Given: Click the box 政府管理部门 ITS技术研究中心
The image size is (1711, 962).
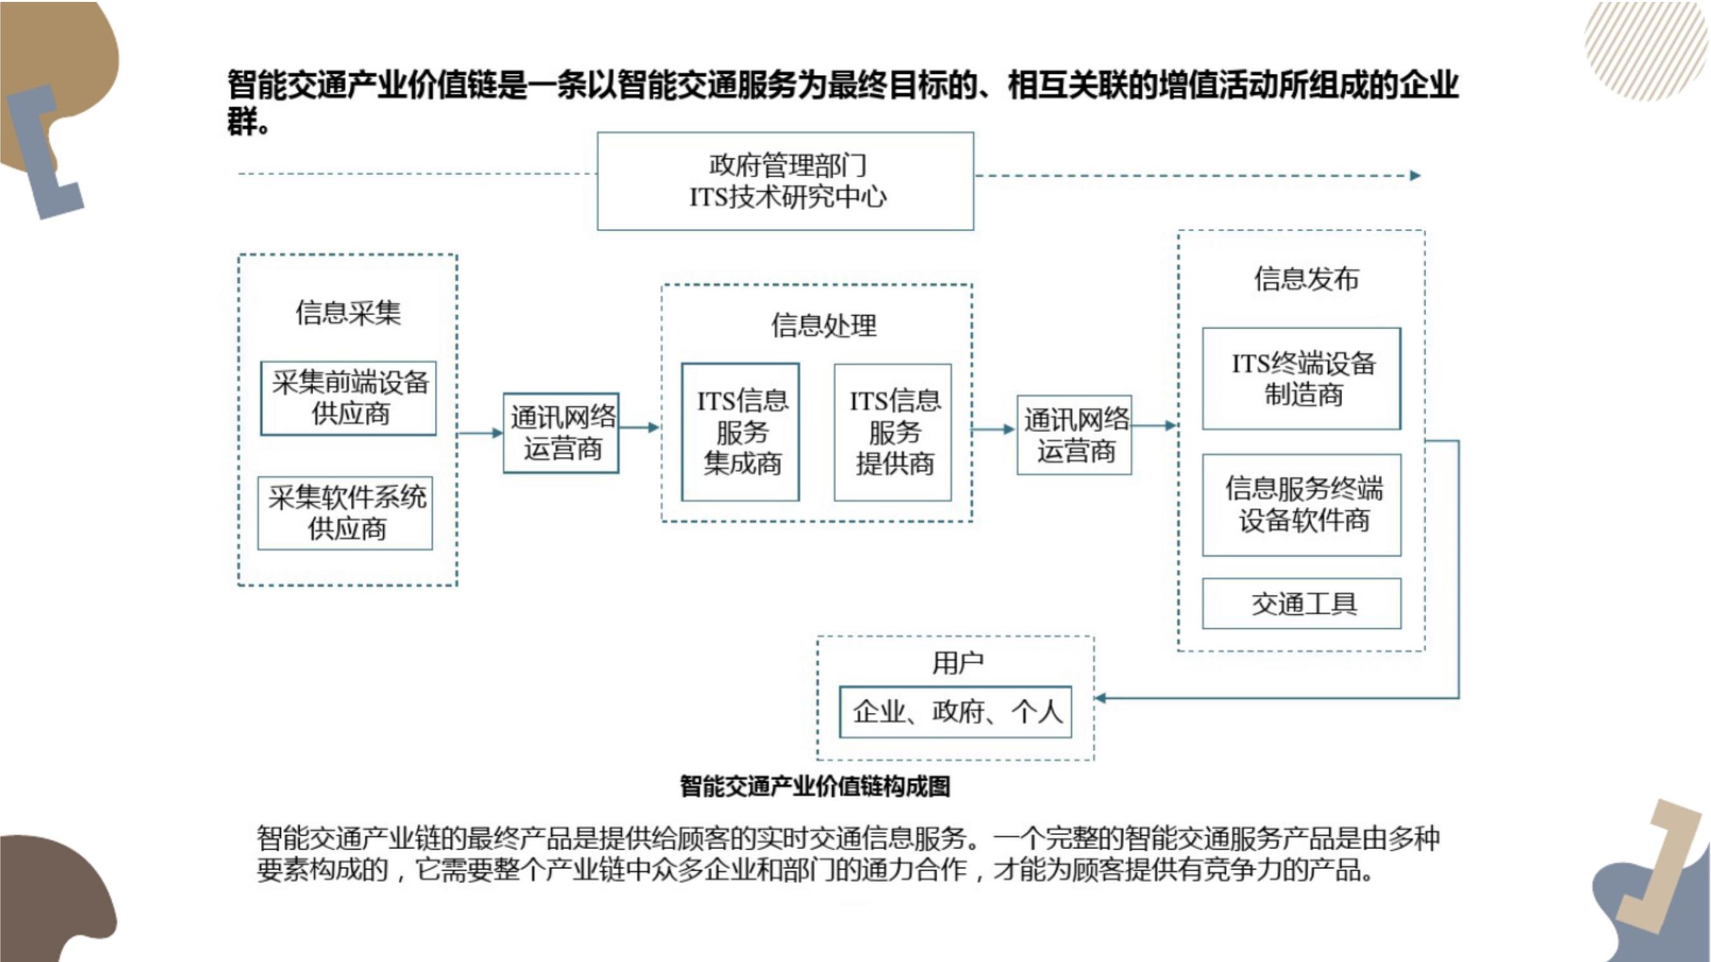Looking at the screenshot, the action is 785,182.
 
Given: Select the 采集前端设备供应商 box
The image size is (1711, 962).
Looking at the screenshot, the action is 349,398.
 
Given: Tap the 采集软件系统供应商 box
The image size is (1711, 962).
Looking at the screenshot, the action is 345,513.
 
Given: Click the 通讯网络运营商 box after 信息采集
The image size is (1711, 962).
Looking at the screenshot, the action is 561,433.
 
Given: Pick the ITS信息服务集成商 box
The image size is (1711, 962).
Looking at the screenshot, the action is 740,432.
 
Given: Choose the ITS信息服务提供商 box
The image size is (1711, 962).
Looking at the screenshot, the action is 892,432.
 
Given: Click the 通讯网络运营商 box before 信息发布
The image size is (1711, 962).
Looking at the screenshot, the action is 1075,435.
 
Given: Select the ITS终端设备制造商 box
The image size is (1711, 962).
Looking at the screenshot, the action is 1302,379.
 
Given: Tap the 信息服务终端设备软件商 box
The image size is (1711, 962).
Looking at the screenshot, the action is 1302,505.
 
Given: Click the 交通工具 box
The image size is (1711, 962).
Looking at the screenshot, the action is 1302,603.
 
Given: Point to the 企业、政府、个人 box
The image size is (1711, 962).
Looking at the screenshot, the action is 956,712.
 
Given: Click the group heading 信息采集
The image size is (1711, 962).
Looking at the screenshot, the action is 348,313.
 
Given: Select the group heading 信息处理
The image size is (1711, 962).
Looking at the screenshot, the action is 824,325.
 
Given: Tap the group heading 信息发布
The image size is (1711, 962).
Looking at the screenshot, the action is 1306,279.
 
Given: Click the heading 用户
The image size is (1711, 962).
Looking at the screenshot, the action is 957,662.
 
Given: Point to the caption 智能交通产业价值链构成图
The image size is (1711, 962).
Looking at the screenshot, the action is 815,787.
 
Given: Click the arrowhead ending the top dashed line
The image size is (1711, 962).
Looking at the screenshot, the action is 1415,175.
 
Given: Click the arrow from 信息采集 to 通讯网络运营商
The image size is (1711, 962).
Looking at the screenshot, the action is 481,433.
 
